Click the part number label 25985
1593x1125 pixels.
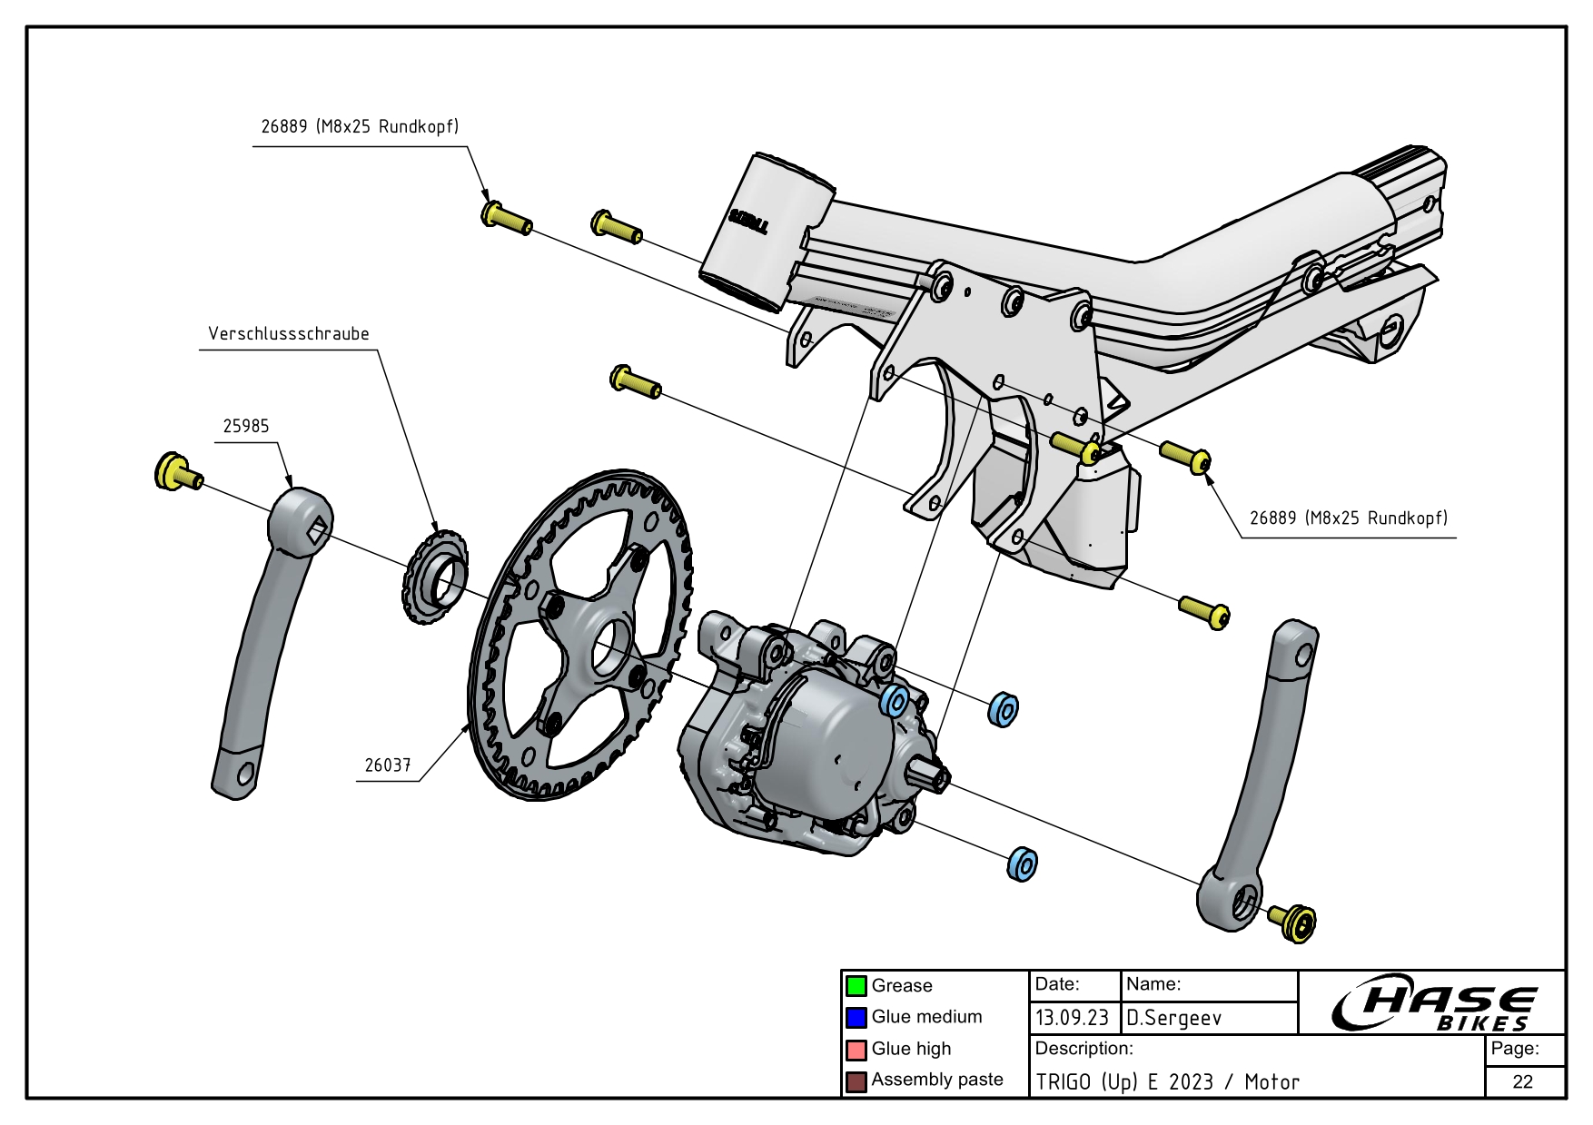(x=246, y=427)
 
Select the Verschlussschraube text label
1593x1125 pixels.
(x=289, y=334)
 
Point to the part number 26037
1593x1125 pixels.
(x=388, y=765)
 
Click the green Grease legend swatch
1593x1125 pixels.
(x=856, y=986)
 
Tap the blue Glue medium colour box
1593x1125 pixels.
(x=856, y=1018)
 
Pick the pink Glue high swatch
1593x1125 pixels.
(x=856, y=1050)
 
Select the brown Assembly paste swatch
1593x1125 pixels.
(x=856, y=1081)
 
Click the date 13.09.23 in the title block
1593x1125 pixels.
(x=1072, y=1018)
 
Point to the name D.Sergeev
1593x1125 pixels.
(x=1174, y=1018)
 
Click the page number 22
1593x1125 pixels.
(x=1523, y=1081)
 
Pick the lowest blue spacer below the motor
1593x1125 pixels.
(x=1024, y=863)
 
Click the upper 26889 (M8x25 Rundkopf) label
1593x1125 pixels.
(x=360, y=127)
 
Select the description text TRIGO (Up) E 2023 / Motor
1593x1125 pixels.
(x=1168, y=1082)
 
